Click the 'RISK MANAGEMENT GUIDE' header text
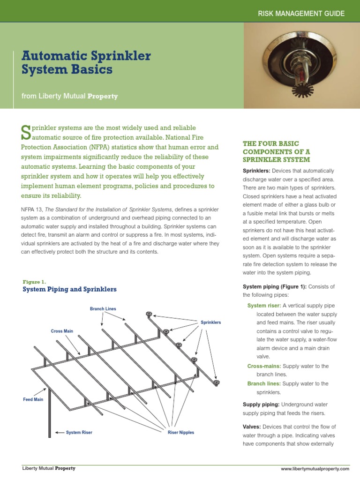[x=301, y=14]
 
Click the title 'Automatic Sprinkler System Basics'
[x=86, y=63]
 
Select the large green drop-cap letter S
[x=26, y=132]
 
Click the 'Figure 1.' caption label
[x=34, y=282]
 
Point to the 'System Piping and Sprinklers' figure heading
[x=69, y=289]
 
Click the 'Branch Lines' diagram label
[x=103, y=309]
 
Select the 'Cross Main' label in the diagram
[x=62, y=331]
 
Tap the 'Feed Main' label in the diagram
[x=33, y=399]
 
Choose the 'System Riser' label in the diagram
[x=79, y=432]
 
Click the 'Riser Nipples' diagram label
[x=180, y=432]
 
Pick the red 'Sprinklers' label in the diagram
[x=210, y=322]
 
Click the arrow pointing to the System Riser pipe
[x=60, y=432]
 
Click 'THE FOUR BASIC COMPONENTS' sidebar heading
[x=276, y=151]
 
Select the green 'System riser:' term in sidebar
[x=264, y=306]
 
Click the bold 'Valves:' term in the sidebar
[x=252, y=427]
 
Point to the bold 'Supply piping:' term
[x=261, y=404]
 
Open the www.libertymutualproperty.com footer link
[x=315, y=469]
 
